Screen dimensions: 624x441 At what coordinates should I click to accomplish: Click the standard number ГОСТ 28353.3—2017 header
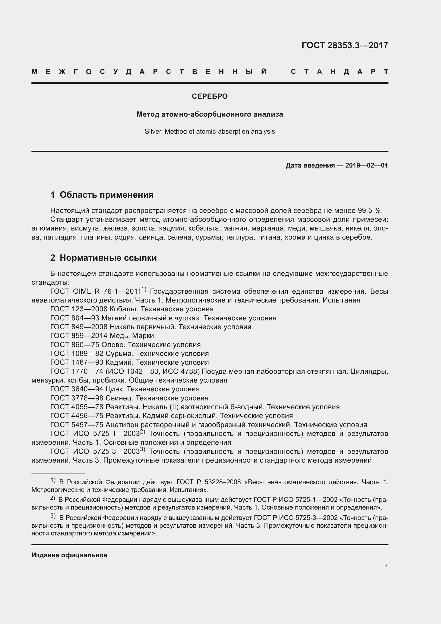[344, 45]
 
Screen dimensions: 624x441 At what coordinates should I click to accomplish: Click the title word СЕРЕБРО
[210, 96]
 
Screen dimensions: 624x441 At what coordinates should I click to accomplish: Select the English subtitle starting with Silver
[210, 132]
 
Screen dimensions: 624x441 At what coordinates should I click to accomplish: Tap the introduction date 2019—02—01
[366, 165]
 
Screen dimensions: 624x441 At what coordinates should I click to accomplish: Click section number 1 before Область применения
[53, 195]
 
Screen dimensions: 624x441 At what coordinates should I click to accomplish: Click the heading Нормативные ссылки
[108, 258]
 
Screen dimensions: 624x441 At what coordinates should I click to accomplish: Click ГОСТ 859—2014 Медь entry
[102, 336]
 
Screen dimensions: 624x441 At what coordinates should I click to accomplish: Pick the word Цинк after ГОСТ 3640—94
[115, 389]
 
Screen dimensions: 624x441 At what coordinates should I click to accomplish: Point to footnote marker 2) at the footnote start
[53, 498]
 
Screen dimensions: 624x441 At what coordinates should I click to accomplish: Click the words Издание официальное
[69, 555]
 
